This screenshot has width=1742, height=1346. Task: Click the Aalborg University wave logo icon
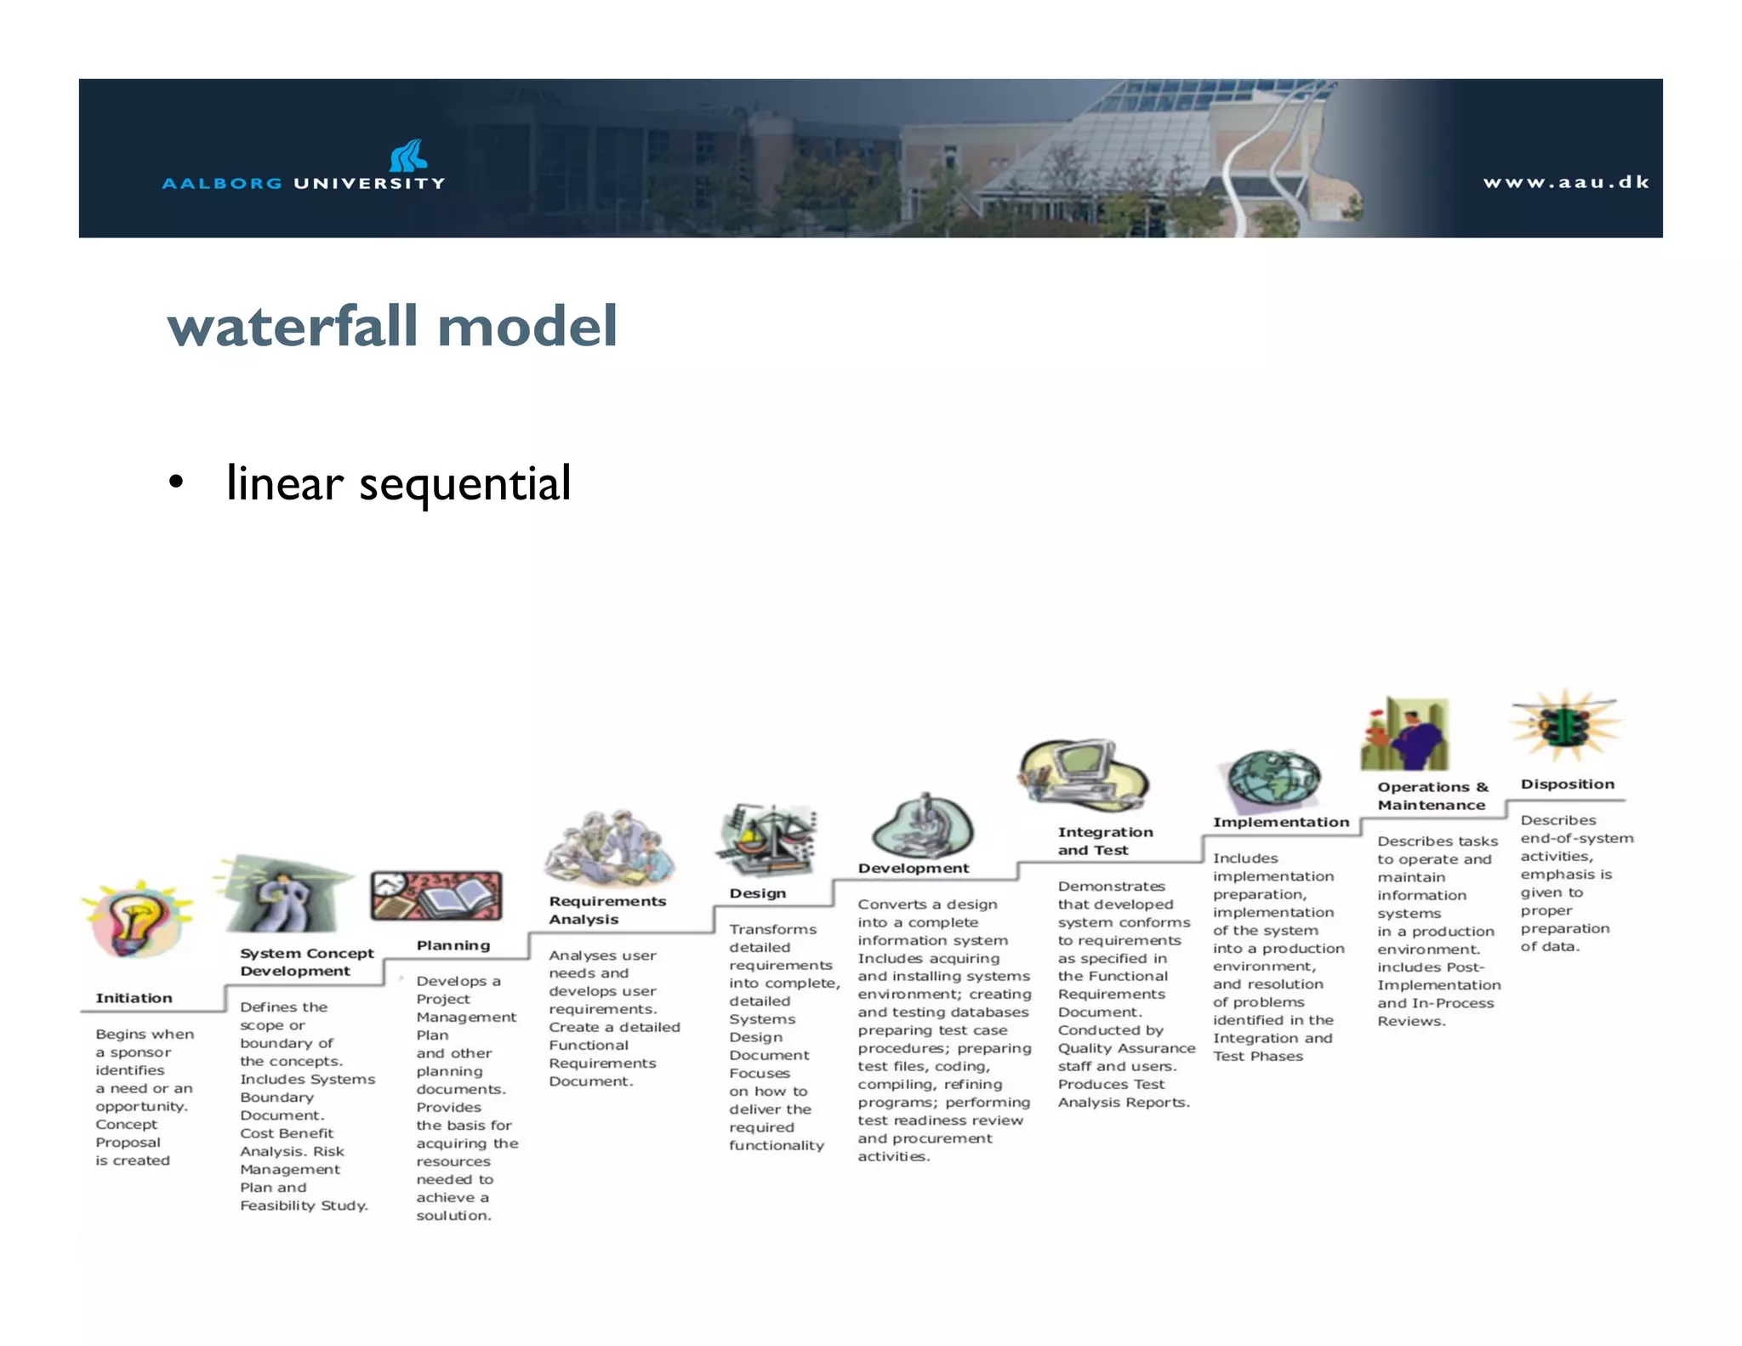coord(408,156)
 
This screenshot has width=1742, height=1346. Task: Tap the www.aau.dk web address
coord(1566,182)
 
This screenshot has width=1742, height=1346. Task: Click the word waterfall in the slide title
coord(294,327)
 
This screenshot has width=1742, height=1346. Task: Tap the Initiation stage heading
coord(134,998)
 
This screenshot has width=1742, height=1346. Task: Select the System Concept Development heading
coord(306,962)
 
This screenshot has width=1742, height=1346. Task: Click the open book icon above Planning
coord(435,897)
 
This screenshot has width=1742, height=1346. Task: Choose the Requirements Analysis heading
coord(606,910)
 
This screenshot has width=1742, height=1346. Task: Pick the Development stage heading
coord(913,868)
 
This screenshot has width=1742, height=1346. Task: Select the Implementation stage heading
coord(1280,822)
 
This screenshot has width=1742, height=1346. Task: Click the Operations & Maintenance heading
coord(1432,796)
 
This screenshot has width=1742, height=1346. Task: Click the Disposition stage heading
coord(1567,784)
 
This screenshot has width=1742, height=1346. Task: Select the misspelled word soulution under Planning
coord(453,1216)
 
